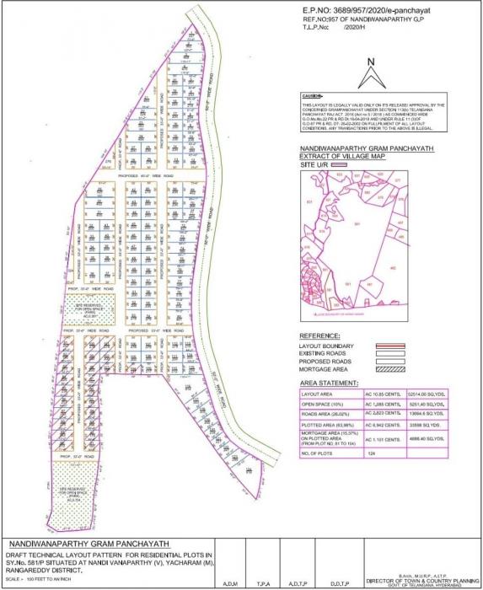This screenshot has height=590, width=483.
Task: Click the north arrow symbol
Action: click(368, 73)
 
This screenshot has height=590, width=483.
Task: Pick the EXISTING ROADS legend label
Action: click(325, 353)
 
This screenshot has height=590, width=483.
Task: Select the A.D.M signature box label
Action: click(228, 582)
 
